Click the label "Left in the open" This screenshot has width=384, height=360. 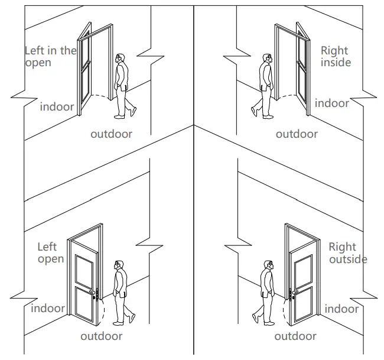(50, 57)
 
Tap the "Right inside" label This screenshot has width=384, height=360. (335, 57)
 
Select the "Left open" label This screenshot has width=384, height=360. (51, 253)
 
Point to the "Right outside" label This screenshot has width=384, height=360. (347, 253)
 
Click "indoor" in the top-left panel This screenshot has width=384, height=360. (57, 106)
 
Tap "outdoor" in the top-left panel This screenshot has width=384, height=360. (111, 134)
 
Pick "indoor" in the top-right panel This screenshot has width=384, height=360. (331, 103)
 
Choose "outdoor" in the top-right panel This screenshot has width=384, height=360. (297, 134)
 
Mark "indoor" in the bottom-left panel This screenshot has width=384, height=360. (48, 308)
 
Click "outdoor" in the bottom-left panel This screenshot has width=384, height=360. (102, 336)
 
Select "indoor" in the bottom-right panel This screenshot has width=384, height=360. (341, 309)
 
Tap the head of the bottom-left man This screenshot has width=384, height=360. (119, 265)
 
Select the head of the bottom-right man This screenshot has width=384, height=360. (269, 265)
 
